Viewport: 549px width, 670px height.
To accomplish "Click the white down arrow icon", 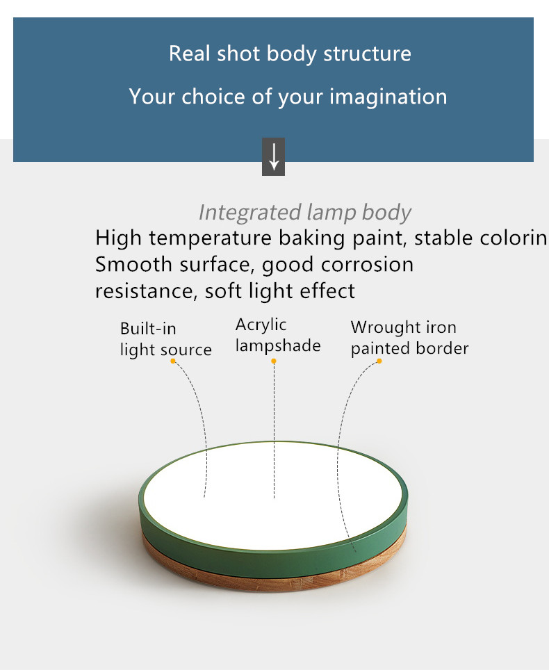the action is coord(273,157).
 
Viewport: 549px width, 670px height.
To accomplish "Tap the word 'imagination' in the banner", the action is coord(388,96).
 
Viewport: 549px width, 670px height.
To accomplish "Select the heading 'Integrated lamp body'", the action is coord(304,213).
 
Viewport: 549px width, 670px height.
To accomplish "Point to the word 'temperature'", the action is coord(210,238).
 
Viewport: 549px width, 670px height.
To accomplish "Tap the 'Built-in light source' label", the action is coord(166,339).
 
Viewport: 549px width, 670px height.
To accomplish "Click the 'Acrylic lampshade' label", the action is coord(278,336).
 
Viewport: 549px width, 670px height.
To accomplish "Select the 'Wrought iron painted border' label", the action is coord(410,338).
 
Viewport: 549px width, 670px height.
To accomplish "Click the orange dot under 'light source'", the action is coord(173,361).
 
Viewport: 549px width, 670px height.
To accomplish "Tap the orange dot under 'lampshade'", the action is coord(274,361).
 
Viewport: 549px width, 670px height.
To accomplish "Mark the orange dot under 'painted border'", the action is coord(379,361).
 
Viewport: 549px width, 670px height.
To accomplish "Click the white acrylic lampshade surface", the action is coord(273,496).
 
